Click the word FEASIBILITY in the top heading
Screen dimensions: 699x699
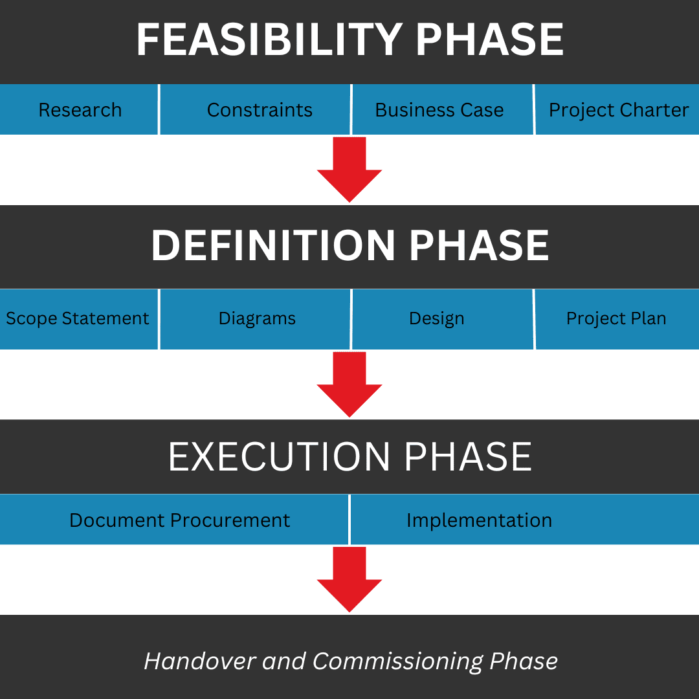(269, 39)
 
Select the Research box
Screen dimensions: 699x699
(79, 109)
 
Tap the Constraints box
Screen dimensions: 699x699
(255, 109)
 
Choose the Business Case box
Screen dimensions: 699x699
(443, 109)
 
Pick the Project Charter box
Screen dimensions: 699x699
(617, 109)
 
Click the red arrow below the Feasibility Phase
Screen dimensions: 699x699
(349, 170)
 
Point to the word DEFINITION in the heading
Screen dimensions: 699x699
(273, 245)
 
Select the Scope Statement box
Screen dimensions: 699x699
(79, 318)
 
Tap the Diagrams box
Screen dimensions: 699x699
(255, 318)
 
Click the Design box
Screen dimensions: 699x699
(443, 318)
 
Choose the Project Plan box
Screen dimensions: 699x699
(617, 318)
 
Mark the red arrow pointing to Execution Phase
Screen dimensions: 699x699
(349, 384)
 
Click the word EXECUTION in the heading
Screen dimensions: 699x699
(279, 457)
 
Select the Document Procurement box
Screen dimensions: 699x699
(174, 519)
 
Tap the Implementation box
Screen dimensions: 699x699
(525, 519)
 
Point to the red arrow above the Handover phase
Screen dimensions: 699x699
(349, 579)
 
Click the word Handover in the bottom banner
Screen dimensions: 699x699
(200, 661)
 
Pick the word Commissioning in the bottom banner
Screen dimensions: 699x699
(397, 661)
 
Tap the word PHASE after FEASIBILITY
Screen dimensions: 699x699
(489, 39)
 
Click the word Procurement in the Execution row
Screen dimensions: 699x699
(230, 520)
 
